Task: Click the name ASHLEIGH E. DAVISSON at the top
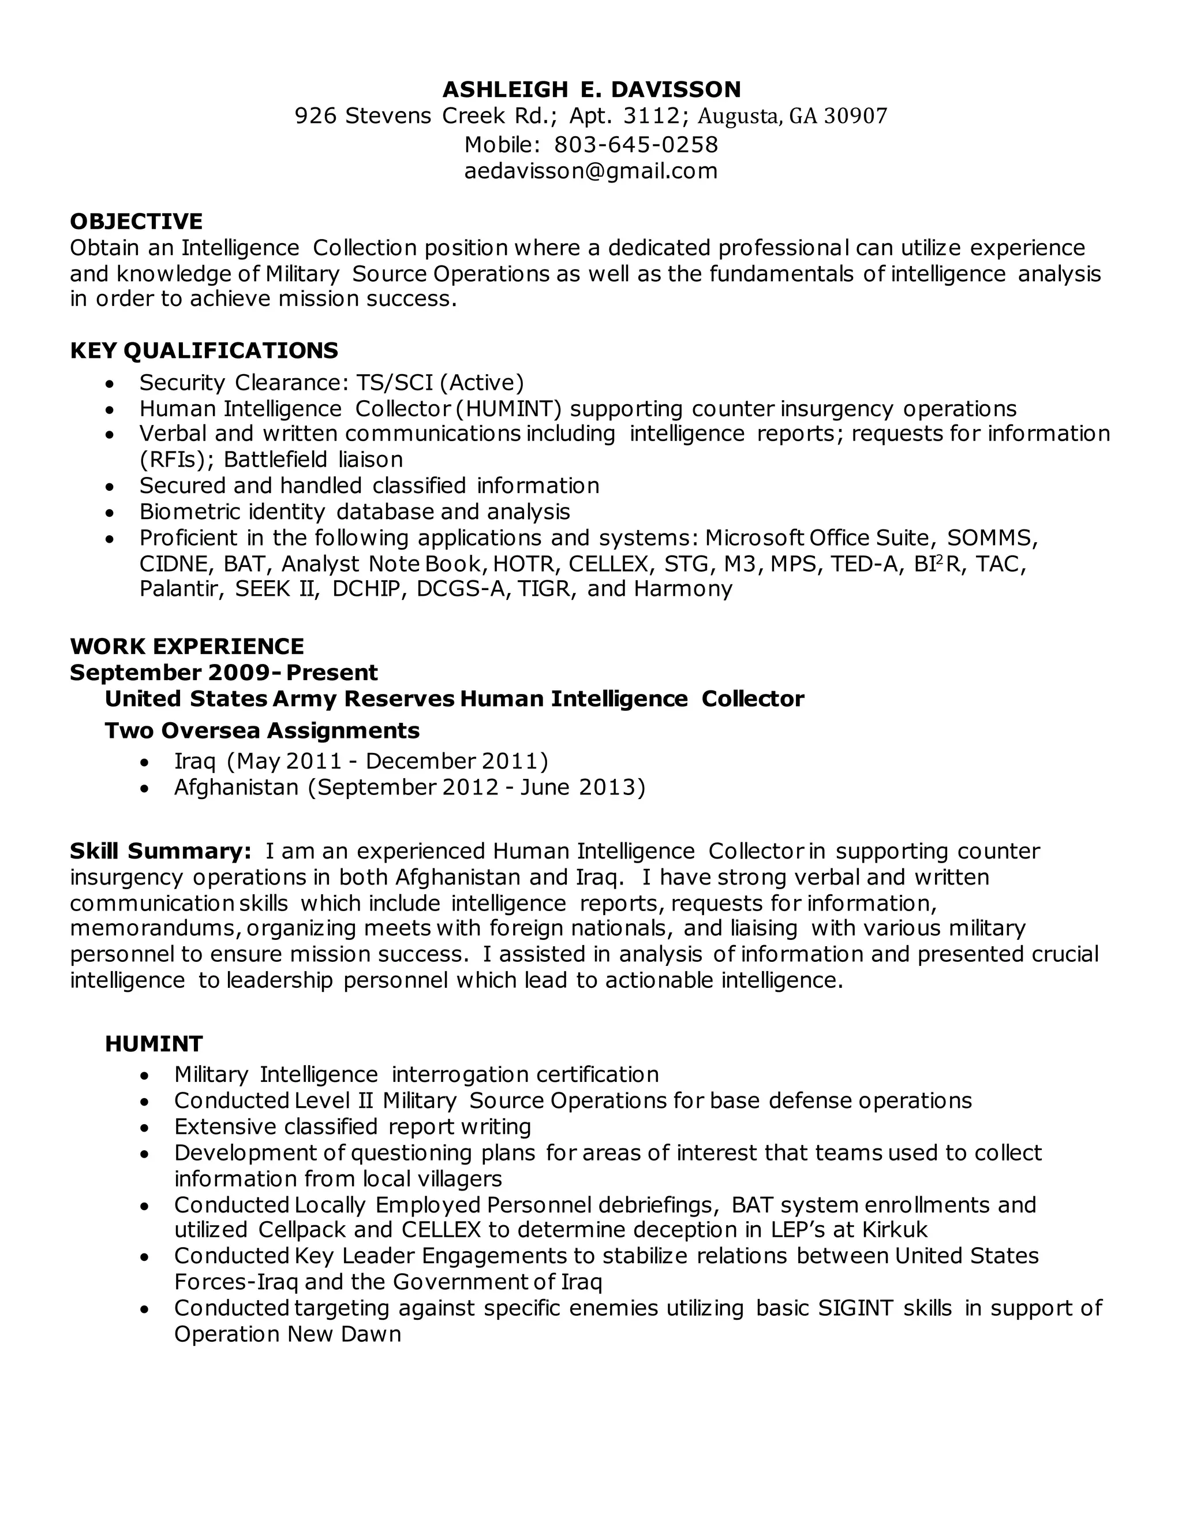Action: coord(591,89)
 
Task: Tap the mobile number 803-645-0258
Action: coord(636,145)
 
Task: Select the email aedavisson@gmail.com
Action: coord(591,171)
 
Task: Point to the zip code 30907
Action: coord(856,116)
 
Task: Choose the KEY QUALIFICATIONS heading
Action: coord(204,350)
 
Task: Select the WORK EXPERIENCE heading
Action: coord(187,646)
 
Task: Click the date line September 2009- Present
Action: coord(223,673)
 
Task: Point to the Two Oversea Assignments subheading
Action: coord(262,731)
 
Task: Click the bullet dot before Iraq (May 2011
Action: coord(144,762)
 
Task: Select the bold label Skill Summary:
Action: coord(160,851)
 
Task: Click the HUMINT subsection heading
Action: coord(154,1044)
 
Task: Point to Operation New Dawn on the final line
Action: coord(287,1334)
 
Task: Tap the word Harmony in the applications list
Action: coord(683,588)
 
